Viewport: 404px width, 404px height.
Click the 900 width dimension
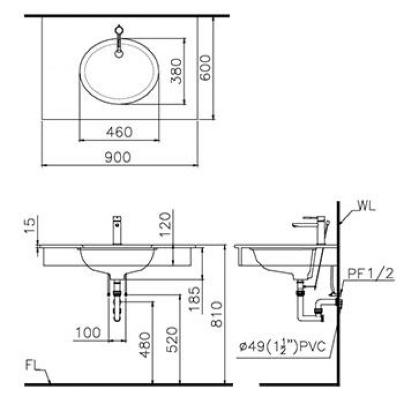tap(118, 157)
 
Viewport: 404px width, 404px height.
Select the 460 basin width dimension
tap(119, 132)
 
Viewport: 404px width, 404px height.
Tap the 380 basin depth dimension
tap(176, 70)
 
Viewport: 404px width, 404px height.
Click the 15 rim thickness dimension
tap(31, 224)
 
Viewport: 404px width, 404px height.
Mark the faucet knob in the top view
tap(120, 30)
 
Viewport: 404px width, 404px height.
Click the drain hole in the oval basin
tap(119, 54)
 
